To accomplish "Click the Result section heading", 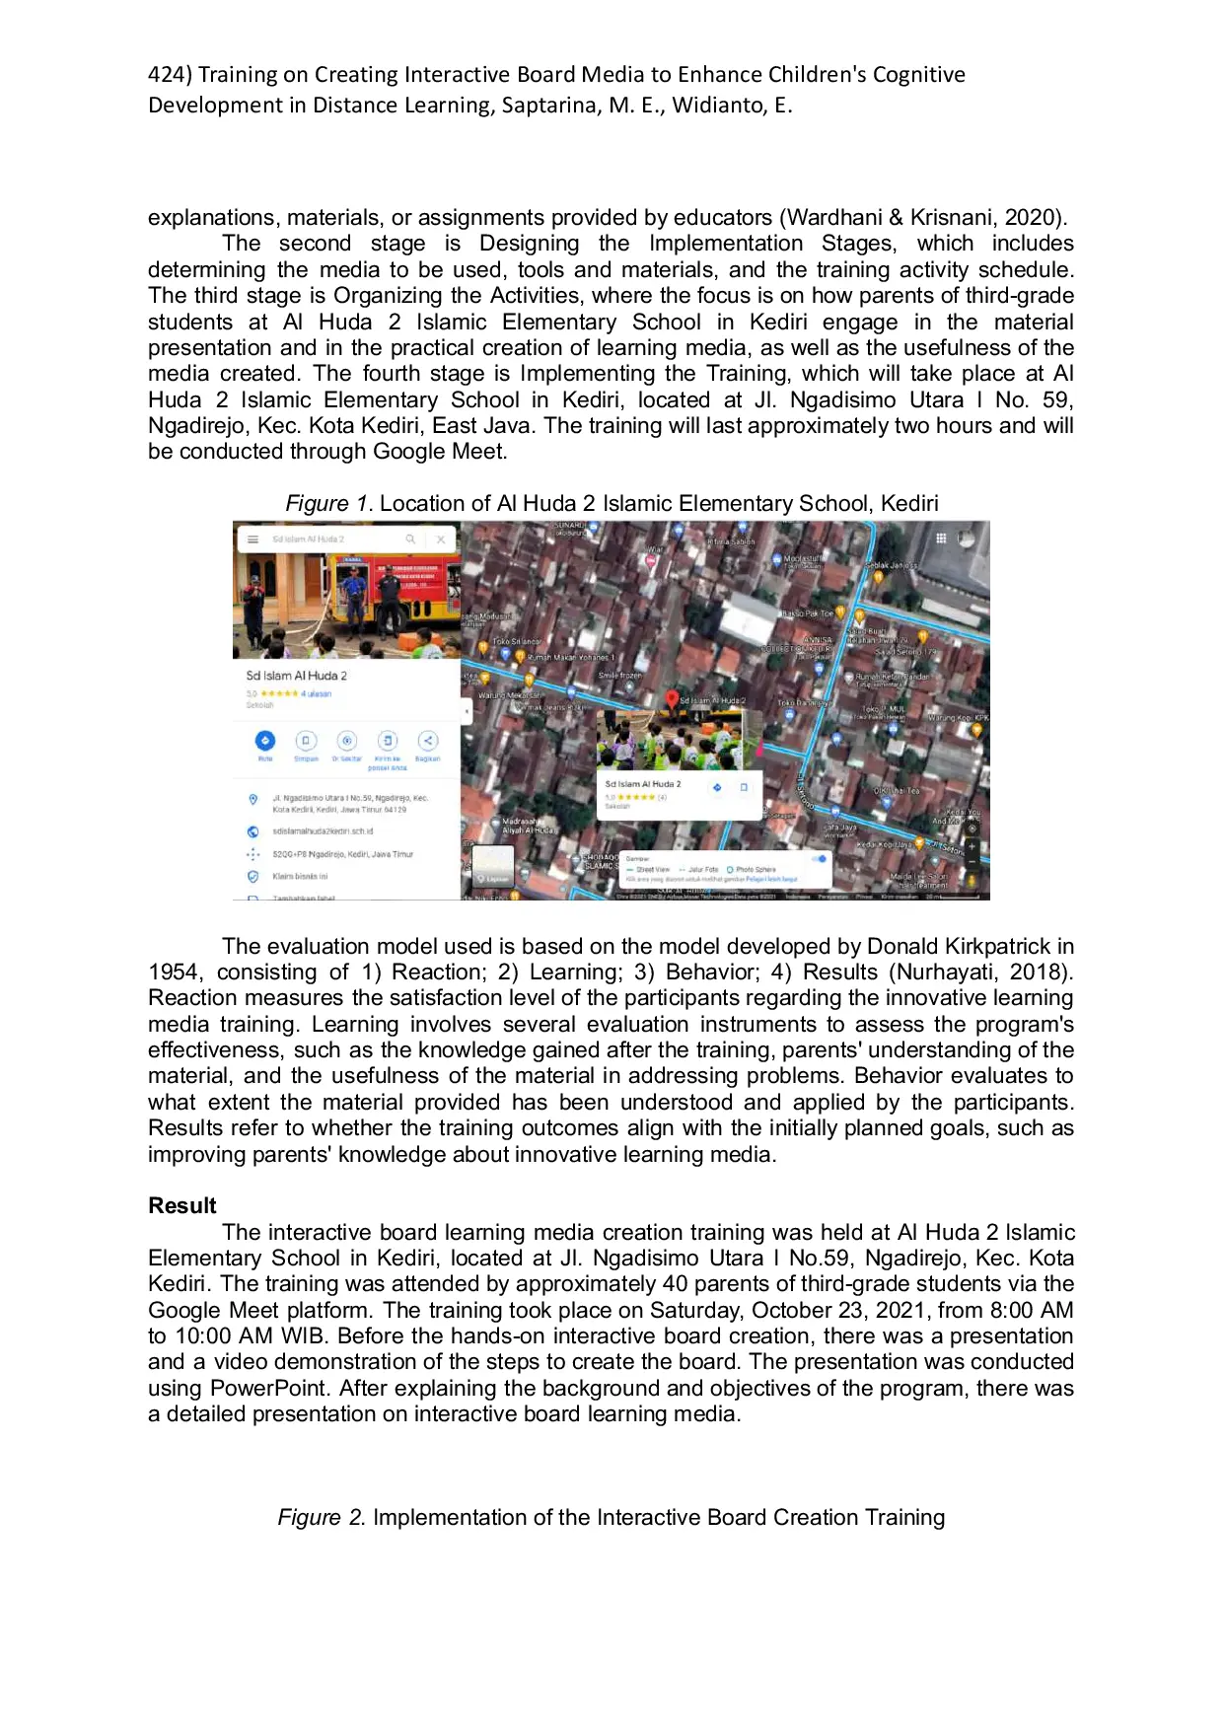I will click(x=182, y=1205).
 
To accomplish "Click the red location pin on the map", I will click(x=672, y=699).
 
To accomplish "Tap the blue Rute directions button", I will click(x=264, y=741).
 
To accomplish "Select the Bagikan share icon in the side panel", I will click(x=427, y=741).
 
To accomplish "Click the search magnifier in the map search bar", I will click(x=410, y=540).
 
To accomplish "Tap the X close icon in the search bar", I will click(x=441, y=540).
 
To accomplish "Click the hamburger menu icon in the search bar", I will click(x=252, y=540).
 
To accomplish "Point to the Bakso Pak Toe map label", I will click(x=809, y=613).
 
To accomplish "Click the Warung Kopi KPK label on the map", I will click(x=957, y=718).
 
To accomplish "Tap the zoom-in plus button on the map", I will click(x=972, y=846).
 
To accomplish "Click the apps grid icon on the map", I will click(x=941, y=539).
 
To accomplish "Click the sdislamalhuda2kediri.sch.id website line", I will click(x=323, y=831).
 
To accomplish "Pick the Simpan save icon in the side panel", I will click(x=306, y=741).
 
